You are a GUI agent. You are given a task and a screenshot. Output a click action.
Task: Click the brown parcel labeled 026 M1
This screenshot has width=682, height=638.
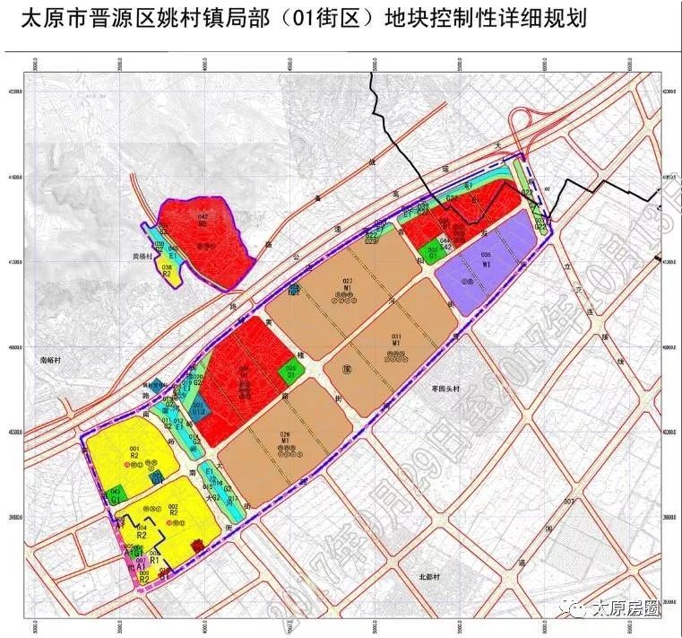coord(287,442)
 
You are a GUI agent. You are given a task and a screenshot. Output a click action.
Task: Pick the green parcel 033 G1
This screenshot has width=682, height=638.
coord(433,251)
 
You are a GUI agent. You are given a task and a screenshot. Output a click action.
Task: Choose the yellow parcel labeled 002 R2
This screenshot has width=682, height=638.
coord(173,514)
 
